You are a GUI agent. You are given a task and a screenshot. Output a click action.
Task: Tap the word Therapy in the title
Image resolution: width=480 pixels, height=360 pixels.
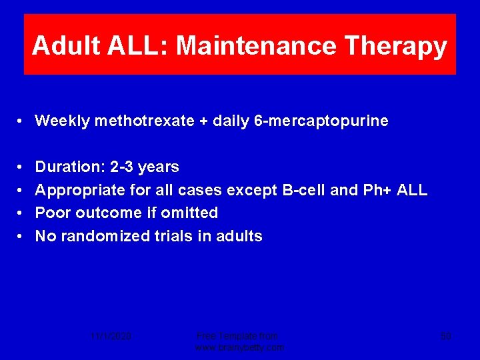point(396,46)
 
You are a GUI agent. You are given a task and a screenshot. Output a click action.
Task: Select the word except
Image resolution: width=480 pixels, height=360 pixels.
point(253,190)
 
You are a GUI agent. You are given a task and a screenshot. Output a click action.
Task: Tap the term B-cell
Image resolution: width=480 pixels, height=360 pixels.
point(305,190)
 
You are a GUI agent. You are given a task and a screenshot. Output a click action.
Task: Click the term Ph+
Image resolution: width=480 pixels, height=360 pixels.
point(377,190)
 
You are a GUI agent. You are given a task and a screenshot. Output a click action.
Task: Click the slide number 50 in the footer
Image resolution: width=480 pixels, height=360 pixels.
point(445,337)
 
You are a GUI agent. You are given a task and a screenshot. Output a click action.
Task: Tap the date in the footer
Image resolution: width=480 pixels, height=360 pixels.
point(111,337)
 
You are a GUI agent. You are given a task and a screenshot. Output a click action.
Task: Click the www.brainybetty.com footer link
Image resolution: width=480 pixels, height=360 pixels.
point(239,347)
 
